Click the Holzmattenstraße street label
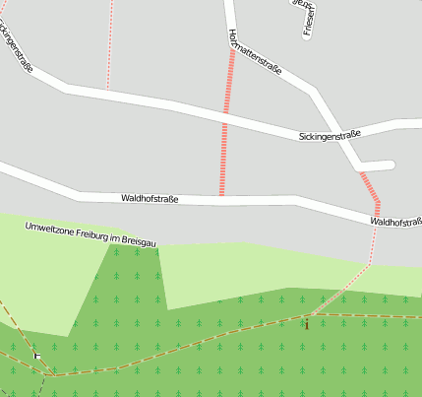[x=255, y=54]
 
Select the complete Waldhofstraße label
[x=150, y=199]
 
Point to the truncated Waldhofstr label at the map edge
[x=395, y=222]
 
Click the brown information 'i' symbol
[x=307, y=322]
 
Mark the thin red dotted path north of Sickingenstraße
[x=109, y=44]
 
